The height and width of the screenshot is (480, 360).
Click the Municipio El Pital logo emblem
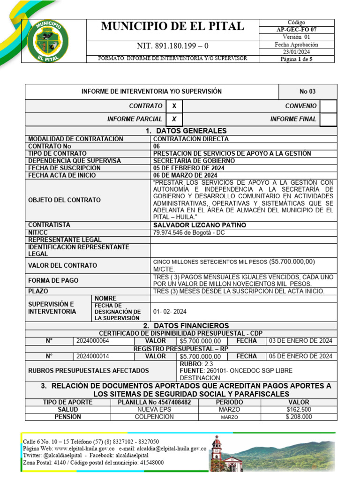pyautogui.click(x=48, y=41)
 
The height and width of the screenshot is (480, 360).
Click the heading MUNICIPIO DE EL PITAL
pyautogui.click(x=172, y=27)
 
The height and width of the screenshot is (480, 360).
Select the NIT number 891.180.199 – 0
pyautogui.click(x=172, y=46)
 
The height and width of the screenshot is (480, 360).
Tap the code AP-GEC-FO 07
pyautogui.click(x=296, y=30)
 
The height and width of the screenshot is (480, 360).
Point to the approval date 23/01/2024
pyautogui.click(x=296, y=52)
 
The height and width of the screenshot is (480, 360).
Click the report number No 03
pyautogui.click(x=307, y=91)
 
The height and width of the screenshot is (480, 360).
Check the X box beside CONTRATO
pyautogui.click(x=174, y=106)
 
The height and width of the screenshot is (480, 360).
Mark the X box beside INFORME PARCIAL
pyautogui.click(x=174, y=120)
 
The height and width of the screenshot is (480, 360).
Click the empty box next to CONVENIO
pyautogui.click(x=329, y=106)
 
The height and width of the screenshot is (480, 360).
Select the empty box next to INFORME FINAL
pyautogui.click(x=329, y=120)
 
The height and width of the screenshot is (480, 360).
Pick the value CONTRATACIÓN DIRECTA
pyautogui.click(x=191, y=139)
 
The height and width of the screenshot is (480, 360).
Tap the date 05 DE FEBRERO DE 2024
pyautogui.click(x=188, y=168)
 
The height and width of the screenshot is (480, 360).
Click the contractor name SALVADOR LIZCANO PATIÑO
pyautogui.click(x=199, y=225)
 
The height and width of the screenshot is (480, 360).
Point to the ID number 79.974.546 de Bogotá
pyautogui.click(x=189, y=232)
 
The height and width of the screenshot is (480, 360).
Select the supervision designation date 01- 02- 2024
pyautogui.click(x=170, y=311)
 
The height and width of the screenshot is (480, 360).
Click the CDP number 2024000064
pyautogui.click(x=92, y=341)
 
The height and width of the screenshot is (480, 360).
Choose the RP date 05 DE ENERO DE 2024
pyautogui.click(x=300, y=356)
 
